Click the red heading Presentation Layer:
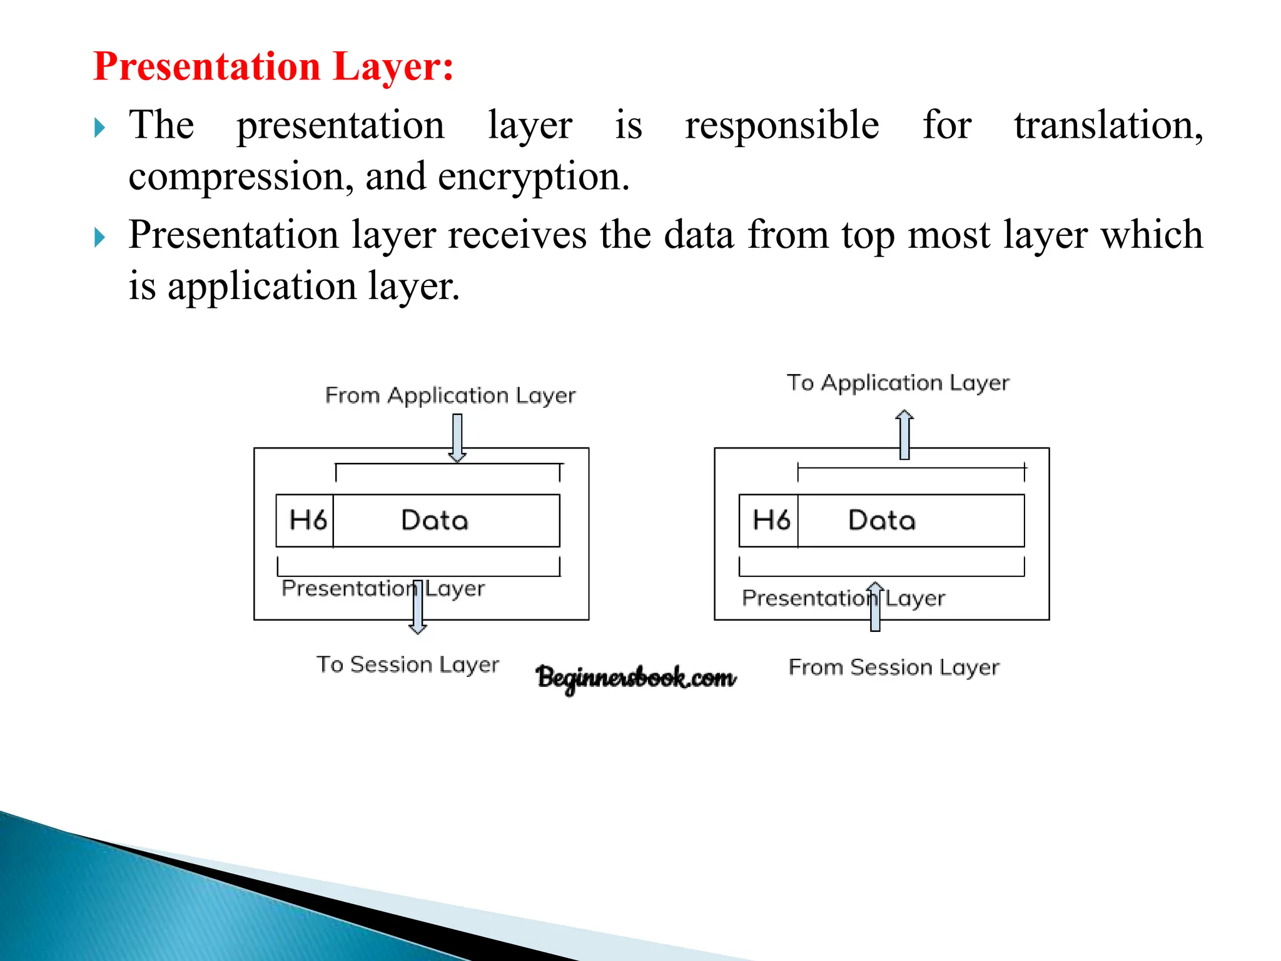(x=273, y=66)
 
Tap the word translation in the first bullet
(x=1108, y=125)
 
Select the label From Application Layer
(x=450, y=396)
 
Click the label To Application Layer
(x=898, y=383)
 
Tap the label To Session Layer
(x=407, y=664)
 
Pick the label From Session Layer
(x=894, y=668)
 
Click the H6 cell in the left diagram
(x=306, y=521)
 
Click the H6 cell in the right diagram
(x=770, y=521)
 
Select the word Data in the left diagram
(x=435, y=521)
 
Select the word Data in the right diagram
(x=882, y=521)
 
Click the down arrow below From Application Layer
(x=457, y=438)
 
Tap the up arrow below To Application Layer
(x=904, y=434)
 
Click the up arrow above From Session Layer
(x=875, y=606)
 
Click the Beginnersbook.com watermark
(x=636, y=678)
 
